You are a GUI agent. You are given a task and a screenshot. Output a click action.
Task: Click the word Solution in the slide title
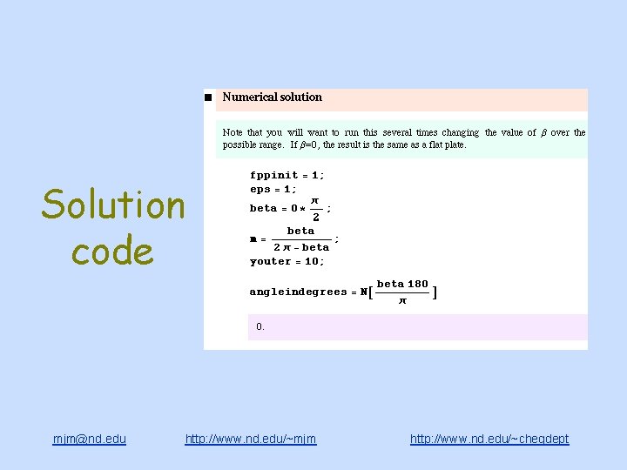click(113, 205)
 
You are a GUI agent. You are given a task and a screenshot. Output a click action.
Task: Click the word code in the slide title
click(112, 252)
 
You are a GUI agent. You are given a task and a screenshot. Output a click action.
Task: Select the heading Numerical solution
click(272, 97)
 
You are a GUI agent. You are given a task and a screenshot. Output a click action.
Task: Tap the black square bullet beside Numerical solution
click(208, 97)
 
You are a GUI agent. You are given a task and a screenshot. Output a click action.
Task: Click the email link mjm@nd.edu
click(89, 440)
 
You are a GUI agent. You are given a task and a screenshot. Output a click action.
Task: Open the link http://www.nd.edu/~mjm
click(251, 440)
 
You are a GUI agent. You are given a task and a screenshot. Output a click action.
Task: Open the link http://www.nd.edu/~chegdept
click(489, 440)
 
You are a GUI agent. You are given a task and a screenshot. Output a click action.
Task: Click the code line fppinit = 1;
click(287, 175)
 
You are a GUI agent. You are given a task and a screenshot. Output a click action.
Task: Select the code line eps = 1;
click(273, 189)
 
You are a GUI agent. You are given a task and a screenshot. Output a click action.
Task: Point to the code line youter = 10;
click(287, 261)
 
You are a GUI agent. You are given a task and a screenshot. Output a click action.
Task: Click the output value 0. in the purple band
click(260, 327)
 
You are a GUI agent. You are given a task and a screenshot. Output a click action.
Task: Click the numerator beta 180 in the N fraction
click(402, 284)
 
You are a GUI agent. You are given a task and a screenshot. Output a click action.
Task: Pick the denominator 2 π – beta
click(301, 248)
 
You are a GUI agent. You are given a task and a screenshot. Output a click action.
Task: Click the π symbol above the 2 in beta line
click(315, 201)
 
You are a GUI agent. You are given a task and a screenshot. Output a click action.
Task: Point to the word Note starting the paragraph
click(233, 133)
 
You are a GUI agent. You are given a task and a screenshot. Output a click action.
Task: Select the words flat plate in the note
click(445, 145)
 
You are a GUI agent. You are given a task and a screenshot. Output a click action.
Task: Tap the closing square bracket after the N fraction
click(435, 292)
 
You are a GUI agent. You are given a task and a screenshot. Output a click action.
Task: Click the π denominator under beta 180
click(401, 301)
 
